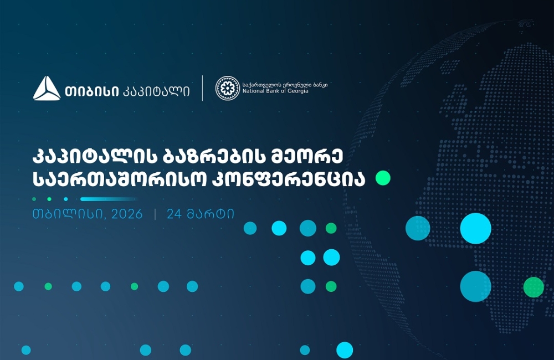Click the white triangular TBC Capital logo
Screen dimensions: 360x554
point(47,89)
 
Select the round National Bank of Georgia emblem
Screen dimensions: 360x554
point(227,89)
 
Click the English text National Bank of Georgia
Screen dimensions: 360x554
point(275,91)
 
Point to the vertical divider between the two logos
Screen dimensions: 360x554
point(202,89)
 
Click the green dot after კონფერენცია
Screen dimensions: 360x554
point(383,178)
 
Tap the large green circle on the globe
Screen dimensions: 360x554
point(533,287)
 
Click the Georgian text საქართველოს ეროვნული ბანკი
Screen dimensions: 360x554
point(285,84)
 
